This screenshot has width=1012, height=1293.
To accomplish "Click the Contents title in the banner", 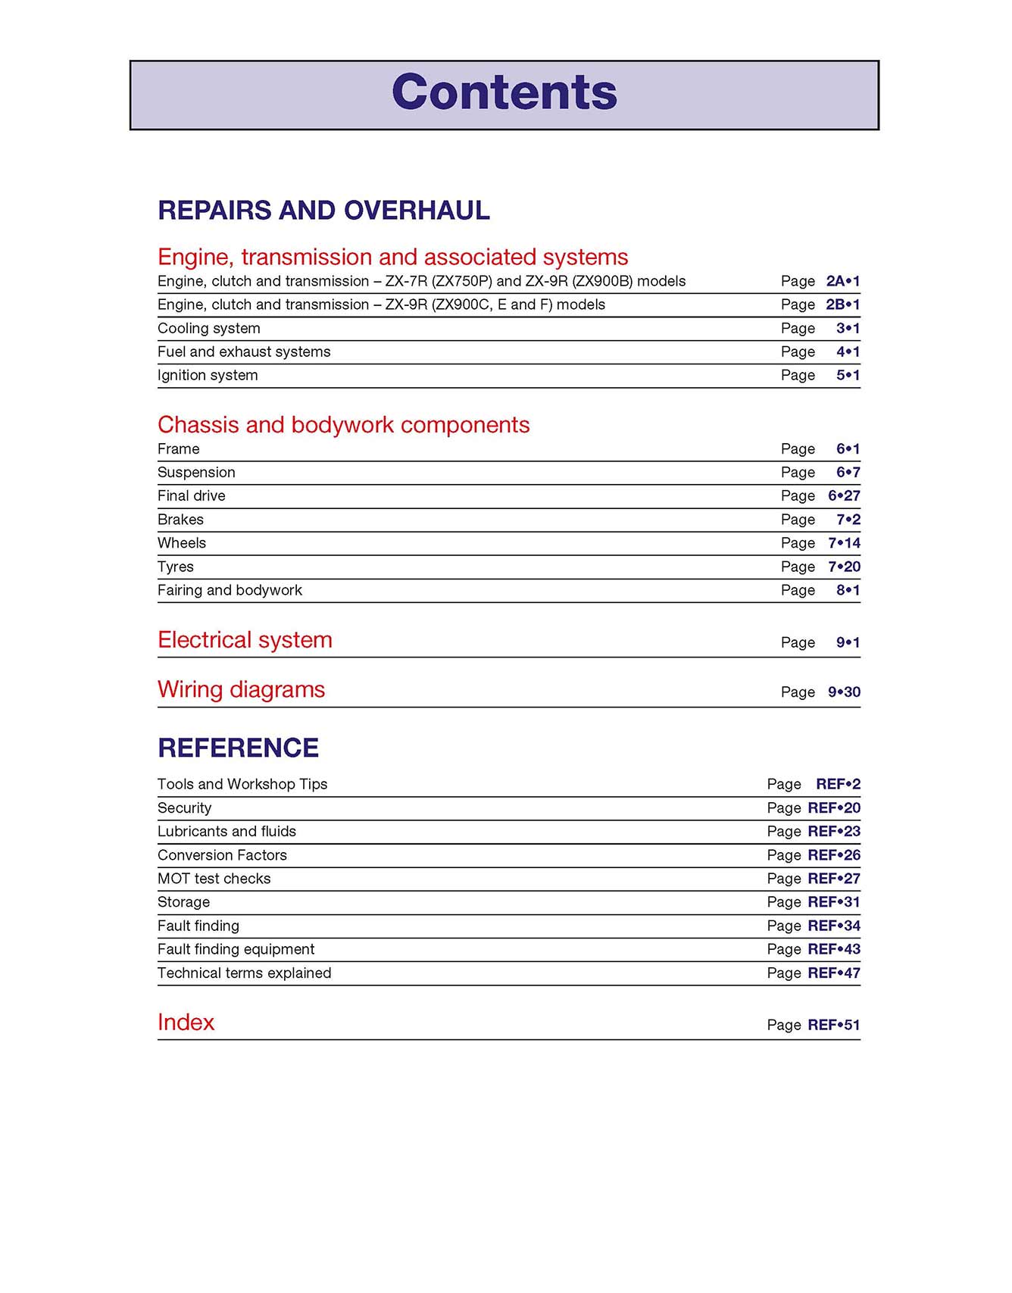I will click(504, 92).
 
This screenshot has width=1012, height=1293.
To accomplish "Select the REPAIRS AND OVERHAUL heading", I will click(323, 211).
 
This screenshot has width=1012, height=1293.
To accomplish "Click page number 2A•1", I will click(842, 281).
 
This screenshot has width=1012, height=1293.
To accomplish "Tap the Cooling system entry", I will click(209, 328).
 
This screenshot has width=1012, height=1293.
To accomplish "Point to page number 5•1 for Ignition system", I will click(848, 375).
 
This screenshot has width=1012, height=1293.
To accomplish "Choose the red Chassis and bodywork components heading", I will click(343, 425).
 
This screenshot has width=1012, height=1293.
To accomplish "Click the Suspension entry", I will click(196, 472).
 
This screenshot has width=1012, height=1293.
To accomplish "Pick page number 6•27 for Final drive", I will click(844, 495).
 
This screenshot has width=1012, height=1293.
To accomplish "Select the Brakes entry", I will click(180, 520).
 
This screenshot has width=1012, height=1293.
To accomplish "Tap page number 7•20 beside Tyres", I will click(844, 567).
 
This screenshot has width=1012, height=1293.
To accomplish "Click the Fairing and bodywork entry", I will click(230, 590).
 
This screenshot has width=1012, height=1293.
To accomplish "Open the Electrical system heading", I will click(245, 640).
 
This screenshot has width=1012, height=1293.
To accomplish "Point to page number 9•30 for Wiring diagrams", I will click(844, 692).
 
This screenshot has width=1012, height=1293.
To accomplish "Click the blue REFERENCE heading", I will click(238, 748).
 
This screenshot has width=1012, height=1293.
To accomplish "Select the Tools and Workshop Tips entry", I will click(242, 784).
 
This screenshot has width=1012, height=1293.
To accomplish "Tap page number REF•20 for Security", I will click(833, 807).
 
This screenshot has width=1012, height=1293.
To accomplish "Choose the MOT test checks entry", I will click(214, 879).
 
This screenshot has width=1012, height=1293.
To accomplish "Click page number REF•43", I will click(833, 949).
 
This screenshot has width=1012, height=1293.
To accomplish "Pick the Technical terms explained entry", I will click(244, 973).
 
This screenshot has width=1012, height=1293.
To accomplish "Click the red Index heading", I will click(186, 1023).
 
